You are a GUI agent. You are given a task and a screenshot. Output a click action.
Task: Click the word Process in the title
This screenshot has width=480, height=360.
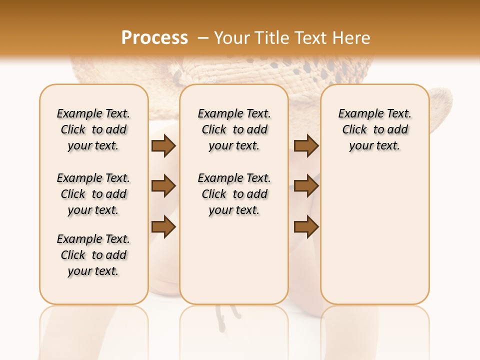pos(154,38)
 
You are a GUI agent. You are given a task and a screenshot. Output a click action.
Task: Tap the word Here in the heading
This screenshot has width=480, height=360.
pos(351,38)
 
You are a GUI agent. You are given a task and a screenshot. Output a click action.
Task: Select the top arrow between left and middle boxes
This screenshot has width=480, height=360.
pos(163,146)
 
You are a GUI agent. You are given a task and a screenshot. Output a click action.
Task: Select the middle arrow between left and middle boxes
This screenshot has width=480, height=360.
pos(163,186)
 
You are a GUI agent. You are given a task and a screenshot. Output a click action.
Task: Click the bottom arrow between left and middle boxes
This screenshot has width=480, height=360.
pos(163,226)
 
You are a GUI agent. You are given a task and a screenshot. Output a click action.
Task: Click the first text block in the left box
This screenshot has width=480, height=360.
pos(93,129)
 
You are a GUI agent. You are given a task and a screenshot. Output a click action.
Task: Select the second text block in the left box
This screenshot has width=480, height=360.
pos(93,194)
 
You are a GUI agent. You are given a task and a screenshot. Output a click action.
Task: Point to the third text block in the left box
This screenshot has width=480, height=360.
pos(93,255)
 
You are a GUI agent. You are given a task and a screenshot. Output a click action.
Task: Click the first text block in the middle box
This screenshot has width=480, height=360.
pos(234,129)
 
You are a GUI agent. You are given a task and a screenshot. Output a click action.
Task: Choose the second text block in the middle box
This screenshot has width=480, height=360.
pos(234,194)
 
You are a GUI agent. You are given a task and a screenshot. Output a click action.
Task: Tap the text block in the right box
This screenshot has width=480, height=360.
pos(374,129)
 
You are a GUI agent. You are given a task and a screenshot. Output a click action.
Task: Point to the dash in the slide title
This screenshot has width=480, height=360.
pos(203,38)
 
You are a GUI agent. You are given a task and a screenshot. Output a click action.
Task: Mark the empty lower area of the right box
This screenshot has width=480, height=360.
pos(374,230)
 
